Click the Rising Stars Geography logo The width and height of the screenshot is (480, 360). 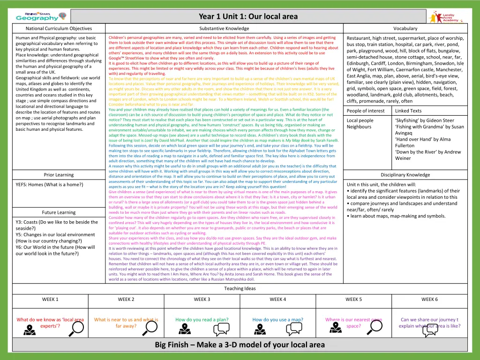coord(37,16)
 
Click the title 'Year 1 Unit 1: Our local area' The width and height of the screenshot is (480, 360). coord(248,16)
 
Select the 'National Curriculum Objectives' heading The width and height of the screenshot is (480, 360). coord(59,29)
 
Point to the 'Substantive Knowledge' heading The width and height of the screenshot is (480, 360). coord(224,29)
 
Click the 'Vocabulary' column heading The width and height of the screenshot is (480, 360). coord(405,29)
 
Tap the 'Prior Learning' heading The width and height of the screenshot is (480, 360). coord(59,175)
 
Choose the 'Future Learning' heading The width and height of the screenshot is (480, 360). coord(59,212)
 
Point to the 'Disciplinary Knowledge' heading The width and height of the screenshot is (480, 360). coord(405,175)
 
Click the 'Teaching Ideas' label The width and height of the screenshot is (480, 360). coord(240,288)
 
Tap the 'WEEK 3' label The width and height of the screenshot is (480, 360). coord(202,299)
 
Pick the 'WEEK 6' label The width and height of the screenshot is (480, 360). coord(429,299)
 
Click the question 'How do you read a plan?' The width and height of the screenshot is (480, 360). coord(202,320)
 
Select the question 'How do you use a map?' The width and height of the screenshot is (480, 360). coord(277,320)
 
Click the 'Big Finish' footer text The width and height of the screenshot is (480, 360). coord(240,345)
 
